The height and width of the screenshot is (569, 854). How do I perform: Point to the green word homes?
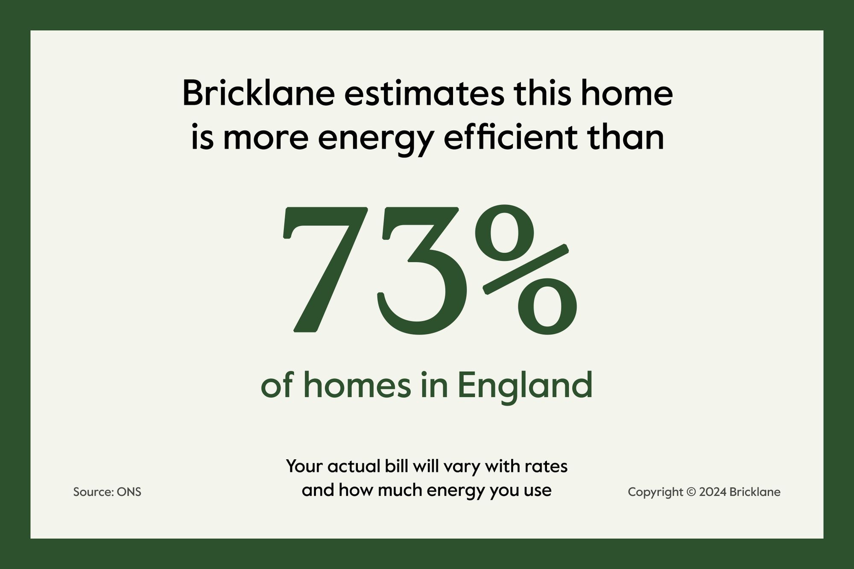357,385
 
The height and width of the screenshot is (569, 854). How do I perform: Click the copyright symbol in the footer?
691,492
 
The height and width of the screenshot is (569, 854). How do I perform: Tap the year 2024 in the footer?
713,492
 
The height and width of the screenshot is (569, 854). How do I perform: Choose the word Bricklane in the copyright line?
755,492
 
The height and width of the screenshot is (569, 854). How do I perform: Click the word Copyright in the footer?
655,493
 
